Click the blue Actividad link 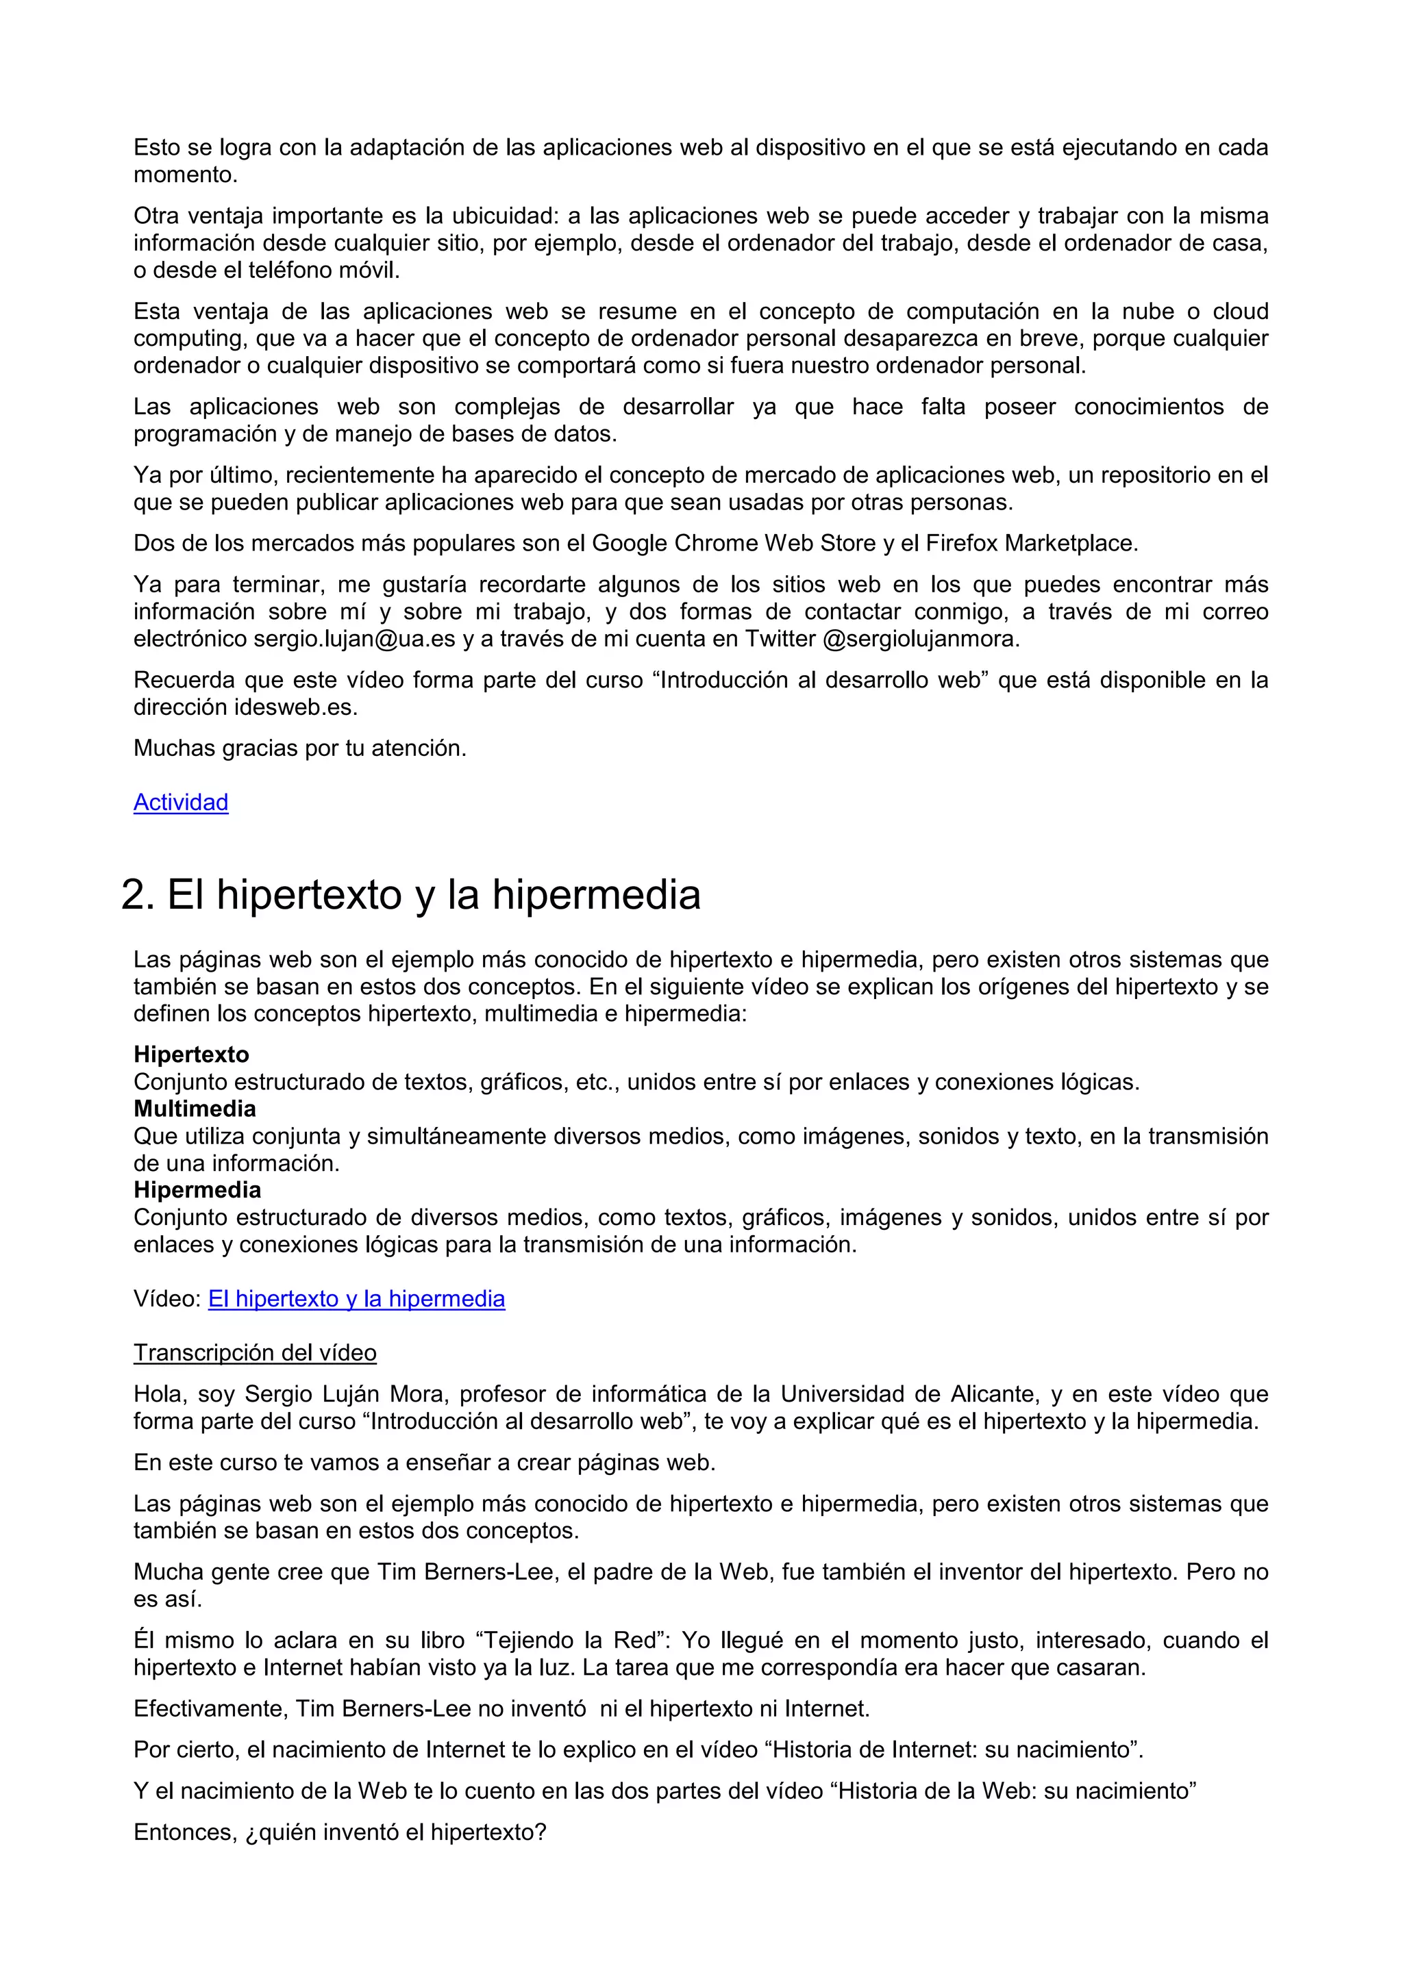(181, 803)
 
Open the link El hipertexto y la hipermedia (356, 1299)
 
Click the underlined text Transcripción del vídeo (255, 1352)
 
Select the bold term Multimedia (195, 1109)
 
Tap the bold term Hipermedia (197, 1190)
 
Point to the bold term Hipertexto (191, 1054)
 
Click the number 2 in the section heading (136, 895)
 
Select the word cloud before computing (1240, 312)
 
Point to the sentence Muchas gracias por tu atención (300, 748)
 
